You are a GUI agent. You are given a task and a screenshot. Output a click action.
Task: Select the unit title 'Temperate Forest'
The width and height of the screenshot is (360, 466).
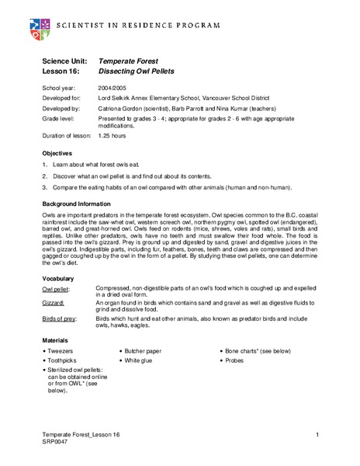(128, 60)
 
